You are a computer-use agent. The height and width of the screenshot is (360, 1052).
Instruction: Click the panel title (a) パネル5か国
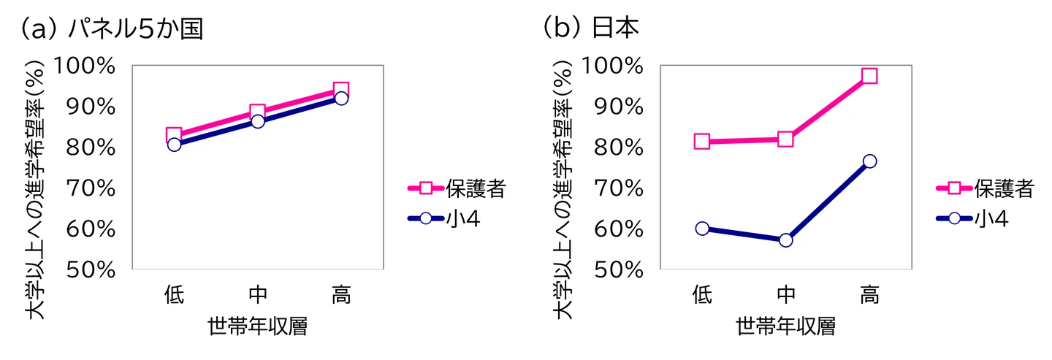(111, 28)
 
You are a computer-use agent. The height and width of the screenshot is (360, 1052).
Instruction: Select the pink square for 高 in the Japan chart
(869, 75)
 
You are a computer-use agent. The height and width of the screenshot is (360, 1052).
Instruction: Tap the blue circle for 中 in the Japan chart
(786, 240)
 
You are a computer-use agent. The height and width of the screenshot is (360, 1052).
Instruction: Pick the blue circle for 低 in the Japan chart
(702, 229)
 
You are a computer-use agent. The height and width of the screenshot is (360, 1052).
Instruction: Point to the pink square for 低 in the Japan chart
(701, 141)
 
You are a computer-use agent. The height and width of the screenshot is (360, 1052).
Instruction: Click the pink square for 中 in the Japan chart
(785, 139)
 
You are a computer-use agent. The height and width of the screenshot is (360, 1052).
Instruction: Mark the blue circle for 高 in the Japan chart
(870, 161)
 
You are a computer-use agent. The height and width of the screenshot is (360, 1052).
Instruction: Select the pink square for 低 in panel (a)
(174, 134)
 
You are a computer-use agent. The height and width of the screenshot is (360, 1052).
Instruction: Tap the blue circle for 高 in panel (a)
(341, 99)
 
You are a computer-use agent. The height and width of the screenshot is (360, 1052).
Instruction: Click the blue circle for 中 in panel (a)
(258, 121)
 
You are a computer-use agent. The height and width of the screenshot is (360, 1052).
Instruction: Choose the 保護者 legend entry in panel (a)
(457, 188)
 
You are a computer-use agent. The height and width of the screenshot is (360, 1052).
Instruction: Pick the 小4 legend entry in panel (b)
(972, 219)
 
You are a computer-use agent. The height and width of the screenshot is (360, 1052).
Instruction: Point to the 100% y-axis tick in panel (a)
(85, 66)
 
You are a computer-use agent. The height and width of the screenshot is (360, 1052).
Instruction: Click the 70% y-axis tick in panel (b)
(619, 188)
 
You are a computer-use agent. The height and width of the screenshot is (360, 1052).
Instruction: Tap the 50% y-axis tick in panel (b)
(619, 270)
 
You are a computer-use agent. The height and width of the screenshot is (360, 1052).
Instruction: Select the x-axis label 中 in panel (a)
(258, 295)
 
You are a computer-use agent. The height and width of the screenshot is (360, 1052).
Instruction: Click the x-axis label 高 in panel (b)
(869, 295)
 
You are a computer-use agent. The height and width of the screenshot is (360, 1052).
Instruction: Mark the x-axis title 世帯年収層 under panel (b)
(786, 326)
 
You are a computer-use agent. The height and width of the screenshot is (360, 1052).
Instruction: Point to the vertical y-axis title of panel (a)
(35, 190)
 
